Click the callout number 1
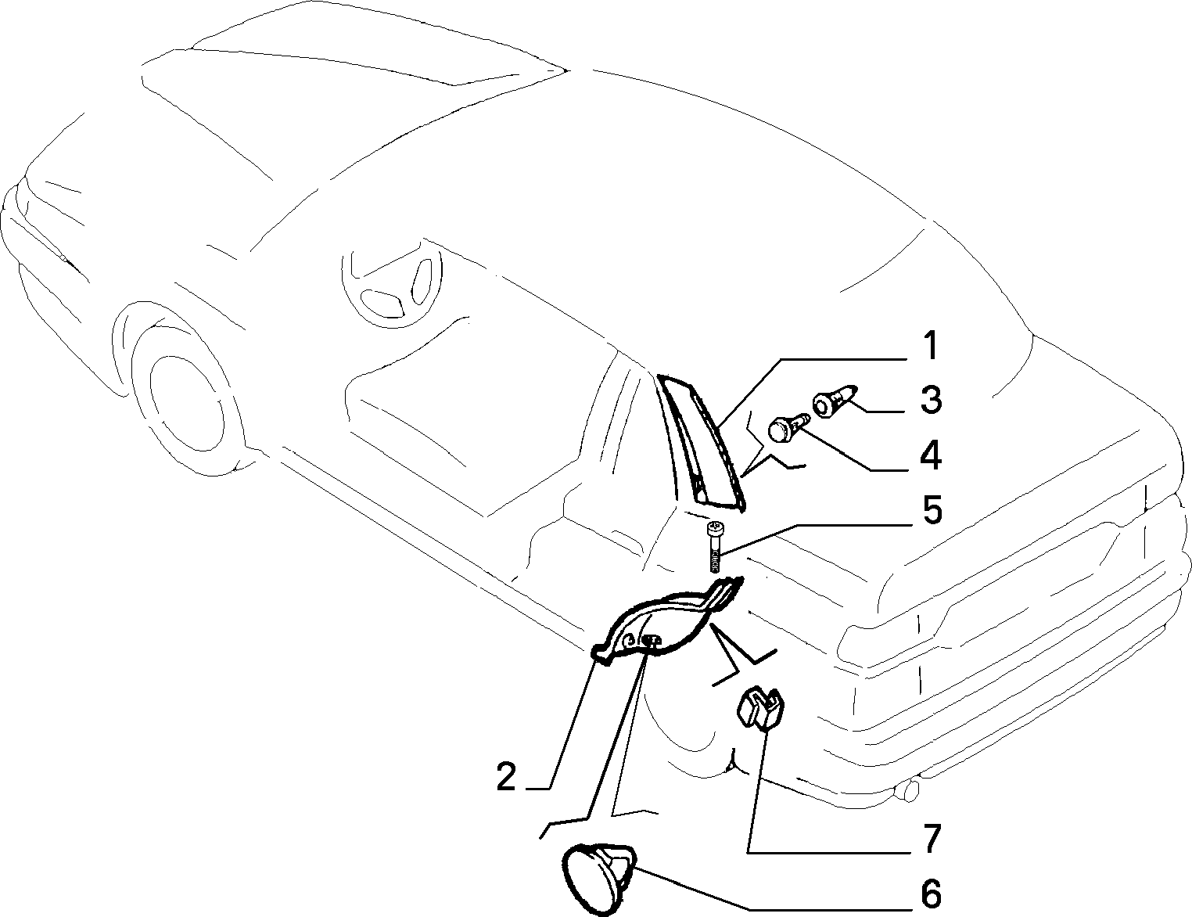929,346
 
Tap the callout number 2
506,777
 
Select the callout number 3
931,400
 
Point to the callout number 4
930,455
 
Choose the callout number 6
931,894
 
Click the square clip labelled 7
760,707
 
